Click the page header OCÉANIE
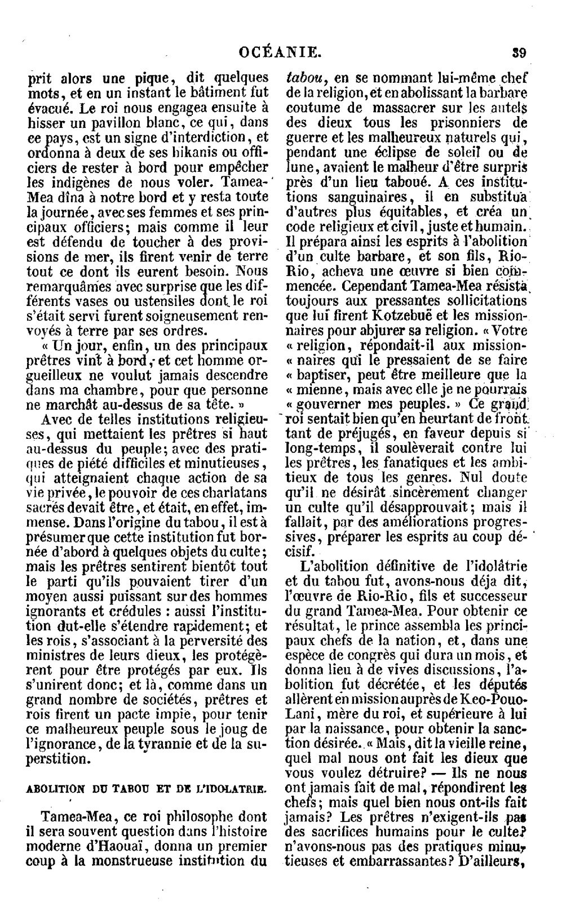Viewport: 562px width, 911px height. point(280,54)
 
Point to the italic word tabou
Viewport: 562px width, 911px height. point(304,78)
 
